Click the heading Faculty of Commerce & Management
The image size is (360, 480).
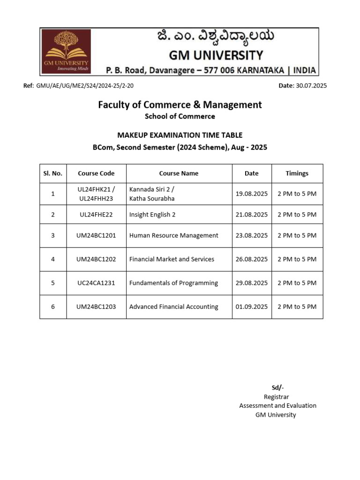point(180,105)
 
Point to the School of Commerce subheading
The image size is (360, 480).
point(180,116)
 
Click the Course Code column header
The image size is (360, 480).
point(96,173)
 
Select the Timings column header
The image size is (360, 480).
point(297,173)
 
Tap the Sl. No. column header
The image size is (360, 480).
point(53,173)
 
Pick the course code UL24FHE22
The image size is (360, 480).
point(96,215)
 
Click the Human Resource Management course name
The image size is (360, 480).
point(173,235)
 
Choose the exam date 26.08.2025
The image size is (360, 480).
point(251,259)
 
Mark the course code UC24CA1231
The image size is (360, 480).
point(96,283)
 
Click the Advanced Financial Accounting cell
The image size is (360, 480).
point(173,307)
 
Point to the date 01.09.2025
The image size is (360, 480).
point(251,307)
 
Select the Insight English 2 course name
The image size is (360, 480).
point(152,215)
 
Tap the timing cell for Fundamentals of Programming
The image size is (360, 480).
point(297,283)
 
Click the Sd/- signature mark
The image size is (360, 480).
point(277,387)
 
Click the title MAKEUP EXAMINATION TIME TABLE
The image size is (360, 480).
point(180,135)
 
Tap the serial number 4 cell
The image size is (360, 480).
point(53,259)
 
